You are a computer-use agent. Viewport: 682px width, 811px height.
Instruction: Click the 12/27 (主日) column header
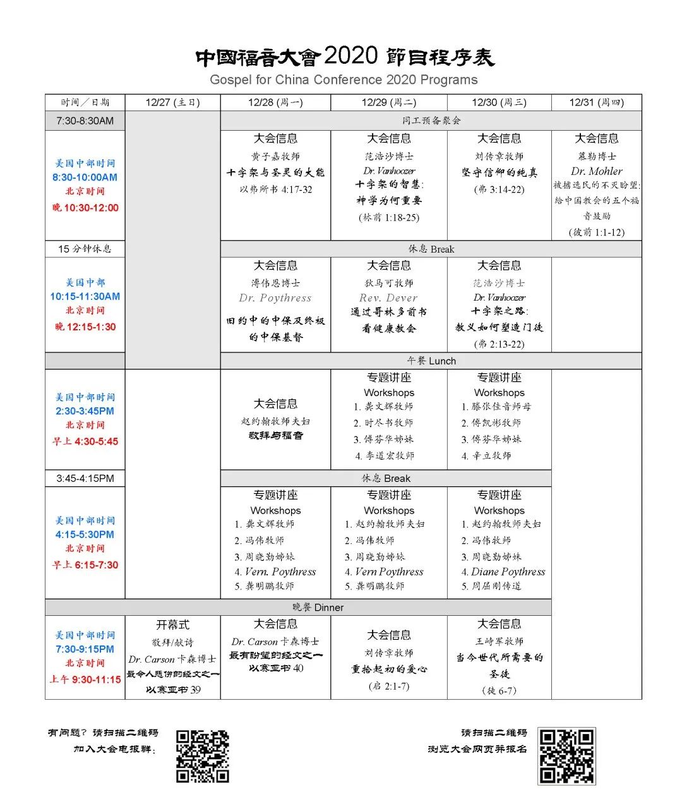coord(172,102)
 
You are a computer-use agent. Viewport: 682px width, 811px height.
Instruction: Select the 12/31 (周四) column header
coord(596,102)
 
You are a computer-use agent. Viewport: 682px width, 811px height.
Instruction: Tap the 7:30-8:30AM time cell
coord(85,121)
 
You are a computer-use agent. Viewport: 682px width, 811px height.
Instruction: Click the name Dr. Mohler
coord(596,171)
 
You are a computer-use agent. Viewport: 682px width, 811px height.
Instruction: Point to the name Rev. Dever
coord(389,298)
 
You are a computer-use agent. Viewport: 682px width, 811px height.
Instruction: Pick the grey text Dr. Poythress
coord(275,298)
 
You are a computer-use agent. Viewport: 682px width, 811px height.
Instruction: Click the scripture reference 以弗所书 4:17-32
coord(275,189)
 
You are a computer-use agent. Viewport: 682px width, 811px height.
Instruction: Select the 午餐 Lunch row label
coord(431,361)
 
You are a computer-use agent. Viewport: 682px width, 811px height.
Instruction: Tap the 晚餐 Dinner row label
coord(318,608)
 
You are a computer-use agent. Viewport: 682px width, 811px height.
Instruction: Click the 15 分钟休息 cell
coord(85,249)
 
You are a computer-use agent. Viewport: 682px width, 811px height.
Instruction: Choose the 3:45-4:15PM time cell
coord(85,478)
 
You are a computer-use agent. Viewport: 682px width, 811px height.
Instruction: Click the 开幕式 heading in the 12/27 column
coord(172,625)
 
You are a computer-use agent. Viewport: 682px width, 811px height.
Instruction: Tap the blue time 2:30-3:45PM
coord(85,411)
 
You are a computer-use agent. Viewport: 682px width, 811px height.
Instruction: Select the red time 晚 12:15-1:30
coord(85,327)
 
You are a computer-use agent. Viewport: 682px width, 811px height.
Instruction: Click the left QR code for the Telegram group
coord(202,756)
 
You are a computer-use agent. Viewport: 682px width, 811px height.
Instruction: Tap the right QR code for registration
coord(566,756)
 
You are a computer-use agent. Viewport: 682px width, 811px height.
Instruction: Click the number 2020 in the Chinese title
coord(350,56)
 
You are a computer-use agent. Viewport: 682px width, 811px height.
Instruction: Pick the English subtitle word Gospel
coord(230,80)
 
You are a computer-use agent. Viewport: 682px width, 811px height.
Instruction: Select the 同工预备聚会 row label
coord(431,121)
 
